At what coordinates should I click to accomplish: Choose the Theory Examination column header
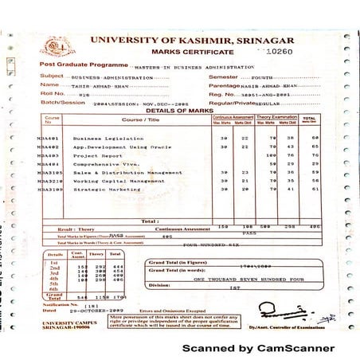[275, 117]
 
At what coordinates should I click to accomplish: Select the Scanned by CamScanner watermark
[258, 348]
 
